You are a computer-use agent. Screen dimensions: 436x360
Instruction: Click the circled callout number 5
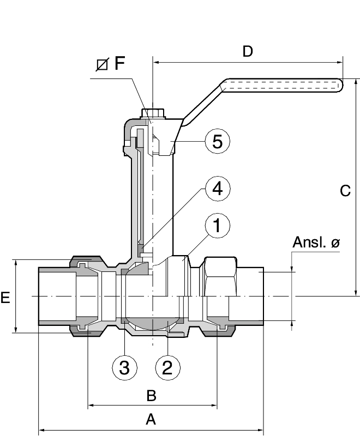point(217,141)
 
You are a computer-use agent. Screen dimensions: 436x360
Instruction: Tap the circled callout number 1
point(217,226)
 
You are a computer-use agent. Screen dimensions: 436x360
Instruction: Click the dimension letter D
point(248,52)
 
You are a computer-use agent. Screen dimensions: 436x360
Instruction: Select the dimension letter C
point(345,191)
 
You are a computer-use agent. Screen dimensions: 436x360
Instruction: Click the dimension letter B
point(152,394)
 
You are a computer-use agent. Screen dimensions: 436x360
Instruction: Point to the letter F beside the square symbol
point(119,64)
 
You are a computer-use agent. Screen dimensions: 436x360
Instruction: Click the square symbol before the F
point(101,65)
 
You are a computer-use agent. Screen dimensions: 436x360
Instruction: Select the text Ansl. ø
point(316,243)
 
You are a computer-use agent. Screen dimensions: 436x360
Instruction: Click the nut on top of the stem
point(153,114)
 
